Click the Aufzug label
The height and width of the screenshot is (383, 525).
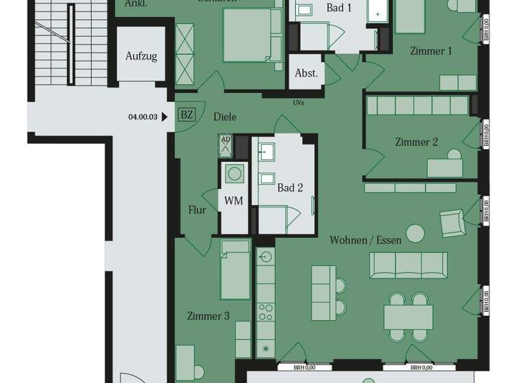click(141, 56)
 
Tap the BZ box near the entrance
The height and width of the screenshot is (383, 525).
click(185, 115)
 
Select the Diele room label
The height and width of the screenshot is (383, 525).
click(225, 117)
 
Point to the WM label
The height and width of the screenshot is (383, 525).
click(234, 200)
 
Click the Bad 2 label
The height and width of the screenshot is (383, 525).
click(290, 187)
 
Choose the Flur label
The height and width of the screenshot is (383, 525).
click(198, 210)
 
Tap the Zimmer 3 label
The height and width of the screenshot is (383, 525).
click(208, 316)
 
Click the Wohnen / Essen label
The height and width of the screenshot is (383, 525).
click(366, 240)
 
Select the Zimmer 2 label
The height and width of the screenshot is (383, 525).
click(416, 142)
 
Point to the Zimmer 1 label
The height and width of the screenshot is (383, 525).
click(431, 51)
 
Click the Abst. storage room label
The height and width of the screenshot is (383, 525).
click(306, 73)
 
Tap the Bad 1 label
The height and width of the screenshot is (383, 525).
click(339, 8)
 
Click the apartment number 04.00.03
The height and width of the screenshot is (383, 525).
click(143, 117)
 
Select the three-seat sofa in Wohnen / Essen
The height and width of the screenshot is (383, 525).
click(409, 265)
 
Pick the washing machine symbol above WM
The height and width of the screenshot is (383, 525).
click(234, 174)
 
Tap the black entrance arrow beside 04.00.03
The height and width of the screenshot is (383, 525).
click(165, 117)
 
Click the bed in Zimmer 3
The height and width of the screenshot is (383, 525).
click(235, 269)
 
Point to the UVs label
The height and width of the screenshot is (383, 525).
click(298, 103)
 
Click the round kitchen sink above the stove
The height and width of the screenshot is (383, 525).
click(266, 256)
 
